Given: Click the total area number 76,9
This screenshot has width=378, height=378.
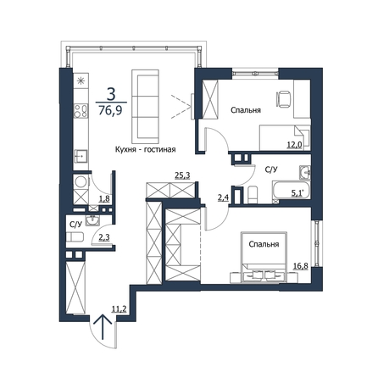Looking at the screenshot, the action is pos(110,109).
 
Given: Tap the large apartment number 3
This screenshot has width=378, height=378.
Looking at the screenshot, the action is pos(111,94).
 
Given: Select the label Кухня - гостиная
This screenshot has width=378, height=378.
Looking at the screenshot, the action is pos(146,149).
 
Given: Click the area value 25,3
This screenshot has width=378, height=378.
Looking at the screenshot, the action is pos(182,175).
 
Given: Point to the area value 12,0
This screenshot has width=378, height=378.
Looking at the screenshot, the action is pos(295,145).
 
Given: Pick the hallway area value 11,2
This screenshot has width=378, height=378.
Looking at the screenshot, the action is pos(119,309).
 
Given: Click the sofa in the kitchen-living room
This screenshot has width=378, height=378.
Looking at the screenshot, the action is pos(145,106).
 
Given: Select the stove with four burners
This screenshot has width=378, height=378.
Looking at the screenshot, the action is pos(81,111).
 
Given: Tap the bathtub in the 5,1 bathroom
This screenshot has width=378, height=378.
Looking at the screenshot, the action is pos(291,192).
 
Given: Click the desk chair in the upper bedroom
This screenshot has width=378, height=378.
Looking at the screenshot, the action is pos(283,99).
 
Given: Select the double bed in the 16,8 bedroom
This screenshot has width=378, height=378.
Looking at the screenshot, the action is pos(264,257).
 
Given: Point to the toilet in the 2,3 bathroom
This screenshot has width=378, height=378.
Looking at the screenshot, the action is pos(75,237).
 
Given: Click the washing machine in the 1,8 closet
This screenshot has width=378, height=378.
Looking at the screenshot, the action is pos(81,182).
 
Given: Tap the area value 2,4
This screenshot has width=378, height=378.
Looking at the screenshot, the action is pos(223,197).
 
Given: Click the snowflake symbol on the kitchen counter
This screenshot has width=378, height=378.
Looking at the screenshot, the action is pos(81,81).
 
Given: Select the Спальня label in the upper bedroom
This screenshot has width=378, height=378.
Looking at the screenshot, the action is pos(246,110).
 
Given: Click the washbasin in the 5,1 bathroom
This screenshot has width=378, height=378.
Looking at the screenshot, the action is pos(304,172).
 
